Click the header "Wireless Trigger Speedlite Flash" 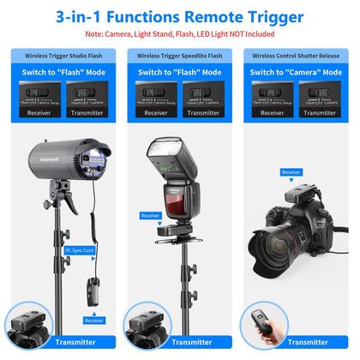(179, 54)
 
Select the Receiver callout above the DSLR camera (291, 172)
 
